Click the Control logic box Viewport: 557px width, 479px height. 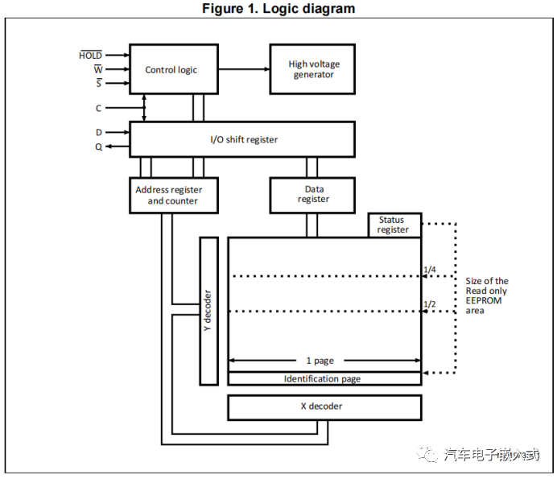171,70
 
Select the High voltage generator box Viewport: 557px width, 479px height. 313,69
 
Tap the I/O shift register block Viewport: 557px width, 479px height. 241,139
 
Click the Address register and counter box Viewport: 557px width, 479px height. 173,195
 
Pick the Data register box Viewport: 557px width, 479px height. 313,194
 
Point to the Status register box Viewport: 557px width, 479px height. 394,225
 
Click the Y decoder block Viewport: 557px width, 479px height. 208,311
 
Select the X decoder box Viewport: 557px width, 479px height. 324,407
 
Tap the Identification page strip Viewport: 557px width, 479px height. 324,378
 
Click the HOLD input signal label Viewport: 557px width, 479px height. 90,56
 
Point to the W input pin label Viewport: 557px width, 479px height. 97,69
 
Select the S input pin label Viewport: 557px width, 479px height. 98,83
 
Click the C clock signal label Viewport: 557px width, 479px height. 98,107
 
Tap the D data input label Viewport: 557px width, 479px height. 98,131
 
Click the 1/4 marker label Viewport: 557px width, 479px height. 430,270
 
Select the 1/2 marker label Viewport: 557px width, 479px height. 430,304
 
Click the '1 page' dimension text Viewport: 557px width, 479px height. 320,361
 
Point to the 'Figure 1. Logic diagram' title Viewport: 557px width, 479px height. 278,9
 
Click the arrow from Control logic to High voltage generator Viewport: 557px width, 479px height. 243,69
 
